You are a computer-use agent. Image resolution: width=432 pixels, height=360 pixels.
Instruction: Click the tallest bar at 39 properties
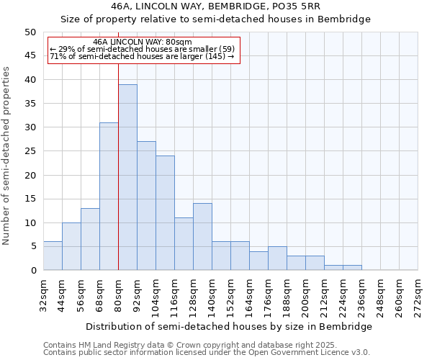coord(127,177)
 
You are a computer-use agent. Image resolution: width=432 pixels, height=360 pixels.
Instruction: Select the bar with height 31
coord(109,196)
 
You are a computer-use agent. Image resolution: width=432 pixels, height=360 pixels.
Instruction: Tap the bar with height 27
coord(146,205)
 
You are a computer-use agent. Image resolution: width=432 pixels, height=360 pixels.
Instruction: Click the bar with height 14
coord(202,237)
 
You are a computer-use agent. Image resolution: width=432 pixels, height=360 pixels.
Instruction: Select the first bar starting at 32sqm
coord(53,256)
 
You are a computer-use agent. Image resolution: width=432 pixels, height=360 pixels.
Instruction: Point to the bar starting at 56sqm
coord(90,239)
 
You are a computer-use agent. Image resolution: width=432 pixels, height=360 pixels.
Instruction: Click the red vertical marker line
coord(118,166)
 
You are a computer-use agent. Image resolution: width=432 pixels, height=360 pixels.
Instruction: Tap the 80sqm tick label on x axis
coord(118,294)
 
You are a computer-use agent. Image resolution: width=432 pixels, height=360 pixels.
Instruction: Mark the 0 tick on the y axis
coord(32,271)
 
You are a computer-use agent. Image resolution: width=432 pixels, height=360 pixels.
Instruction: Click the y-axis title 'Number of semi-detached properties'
coord(7,156)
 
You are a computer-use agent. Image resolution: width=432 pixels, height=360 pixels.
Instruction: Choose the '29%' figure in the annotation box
coord(65,49)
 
